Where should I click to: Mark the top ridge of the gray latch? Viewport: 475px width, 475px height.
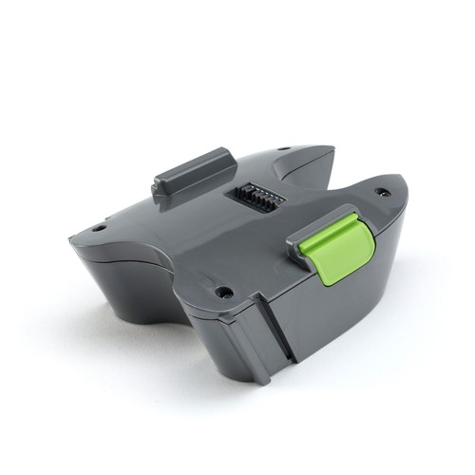pyautogui.click(x=195, y=158)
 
